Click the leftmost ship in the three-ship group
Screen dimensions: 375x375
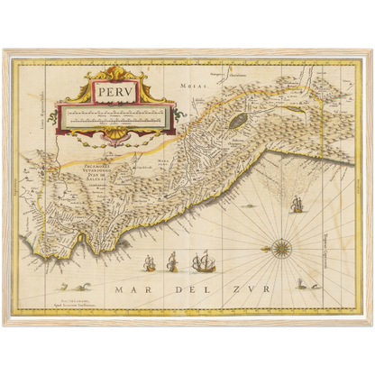coord(151,264)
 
